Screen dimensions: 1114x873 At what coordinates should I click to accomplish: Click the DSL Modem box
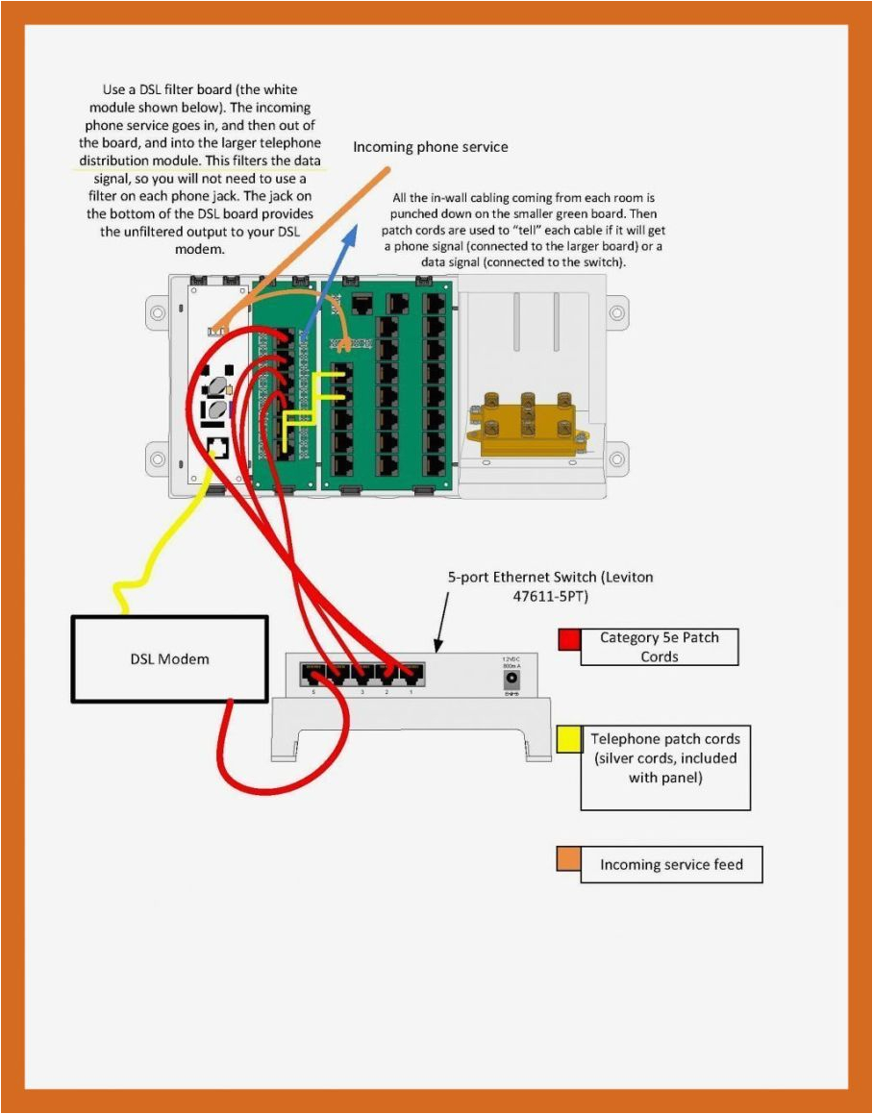(169, 658)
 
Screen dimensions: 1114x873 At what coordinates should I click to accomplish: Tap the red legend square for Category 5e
(568, 640)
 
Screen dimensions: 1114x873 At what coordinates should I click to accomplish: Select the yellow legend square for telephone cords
(568, 738)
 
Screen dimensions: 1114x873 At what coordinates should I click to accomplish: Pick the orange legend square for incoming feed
(568, 858)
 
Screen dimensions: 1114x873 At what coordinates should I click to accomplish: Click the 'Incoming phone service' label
(430, 147)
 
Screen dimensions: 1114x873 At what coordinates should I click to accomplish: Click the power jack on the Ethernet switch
(511, 677)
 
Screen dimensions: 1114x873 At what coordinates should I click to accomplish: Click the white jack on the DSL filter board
(217, 447)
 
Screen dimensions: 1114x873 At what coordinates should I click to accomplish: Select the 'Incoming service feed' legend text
(671, 865)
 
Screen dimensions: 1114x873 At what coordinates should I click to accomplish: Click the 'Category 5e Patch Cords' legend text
(659, 647)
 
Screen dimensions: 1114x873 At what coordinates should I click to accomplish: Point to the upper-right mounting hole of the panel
(616, 312)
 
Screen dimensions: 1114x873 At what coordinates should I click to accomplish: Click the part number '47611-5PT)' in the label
(552, 596)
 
